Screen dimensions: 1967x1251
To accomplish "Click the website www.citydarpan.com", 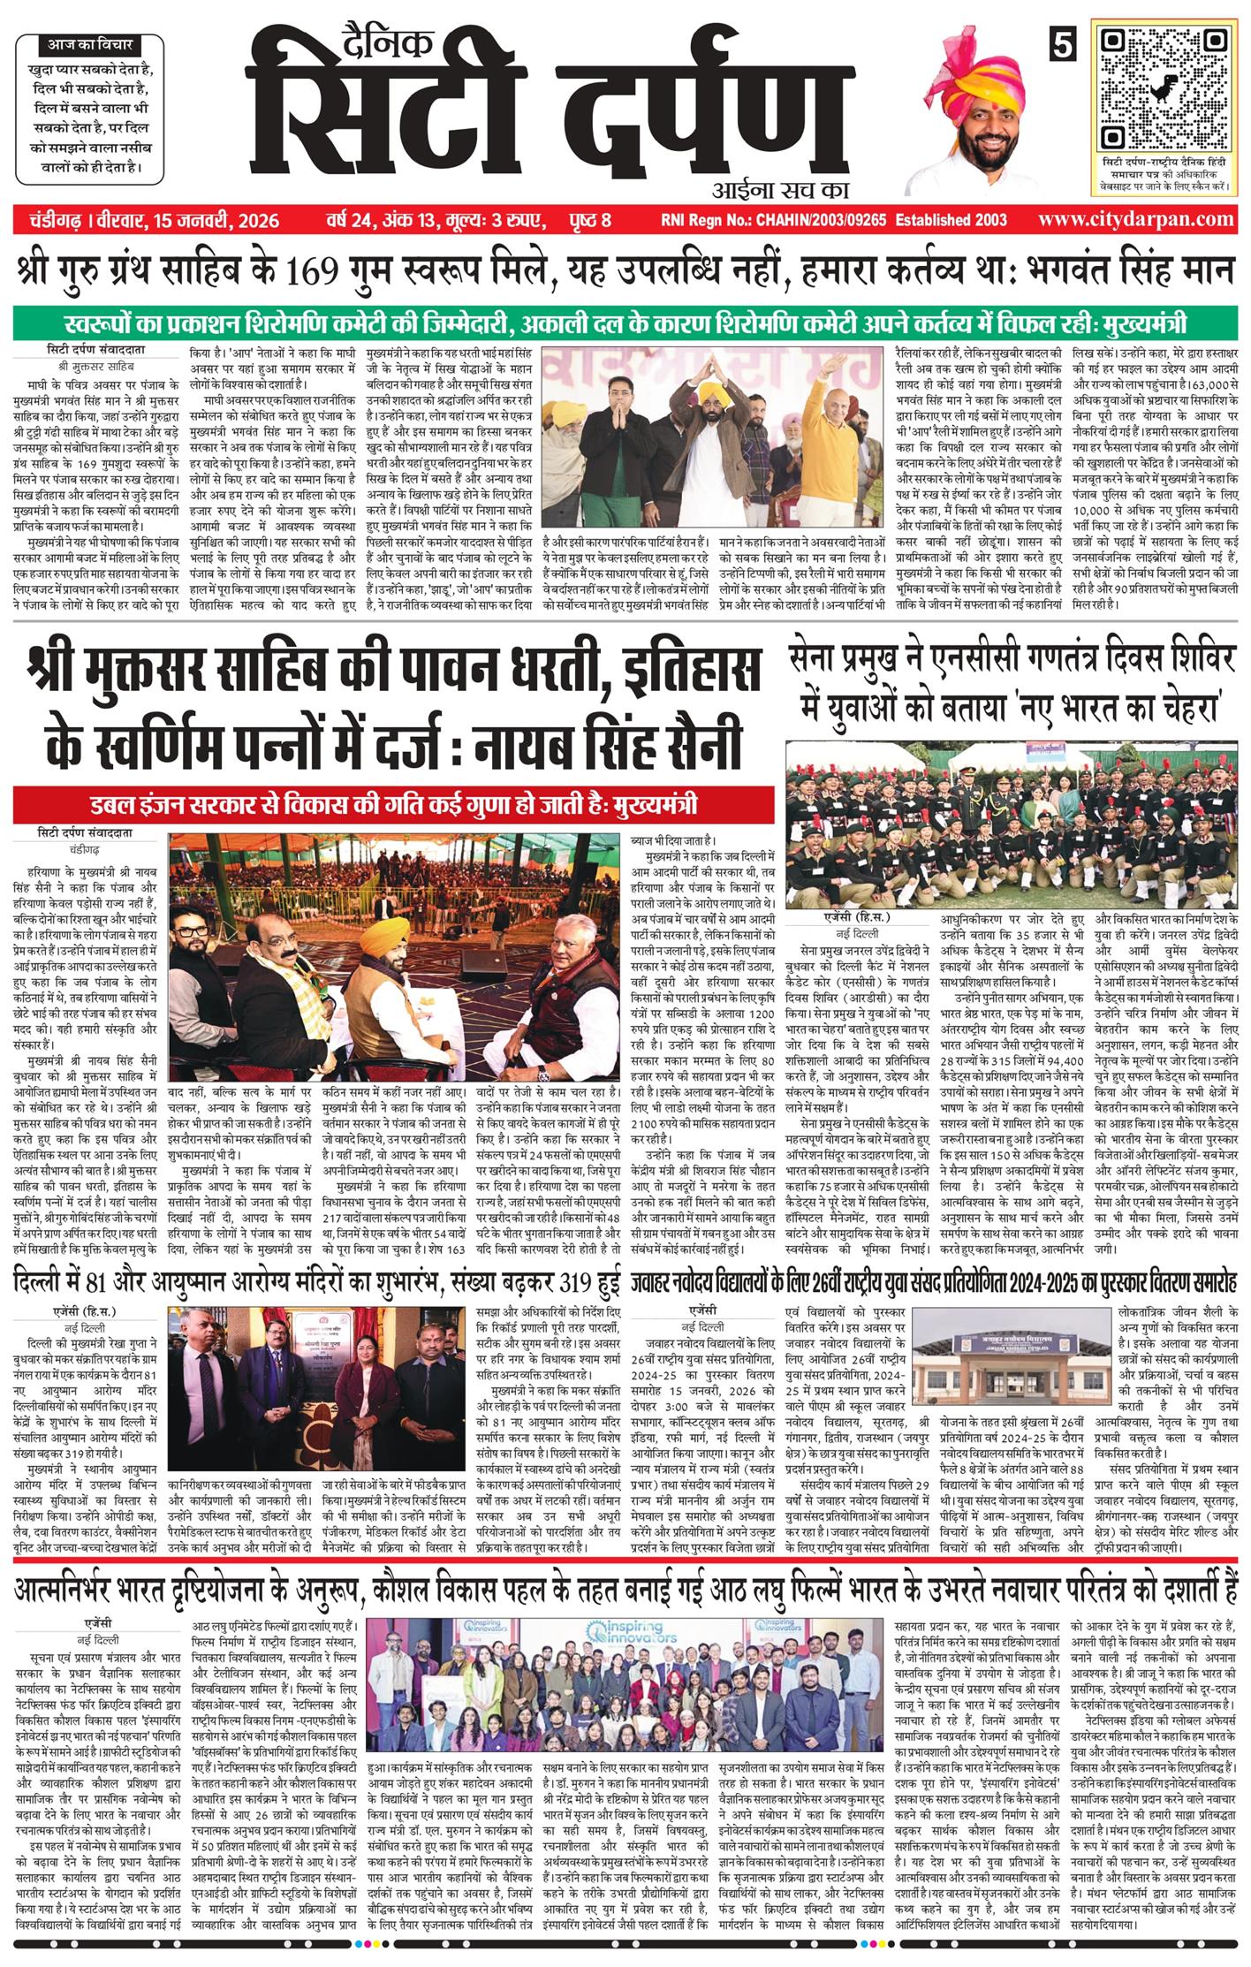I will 1136,219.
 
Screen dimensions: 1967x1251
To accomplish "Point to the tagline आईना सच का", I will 777,188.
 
